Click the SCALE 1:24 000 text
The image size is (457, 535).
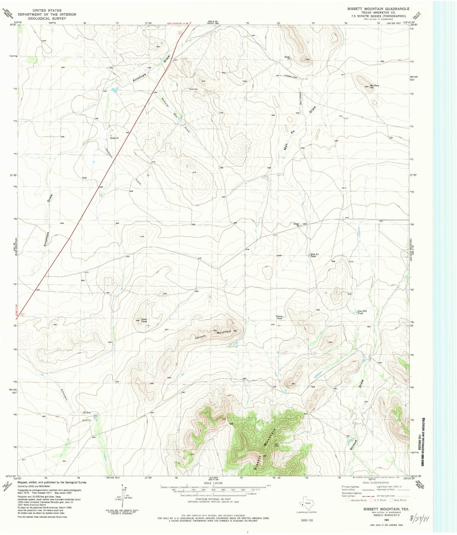coord(213,483)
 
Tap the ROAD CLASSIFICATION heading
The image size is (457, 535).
coord(375,483)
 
